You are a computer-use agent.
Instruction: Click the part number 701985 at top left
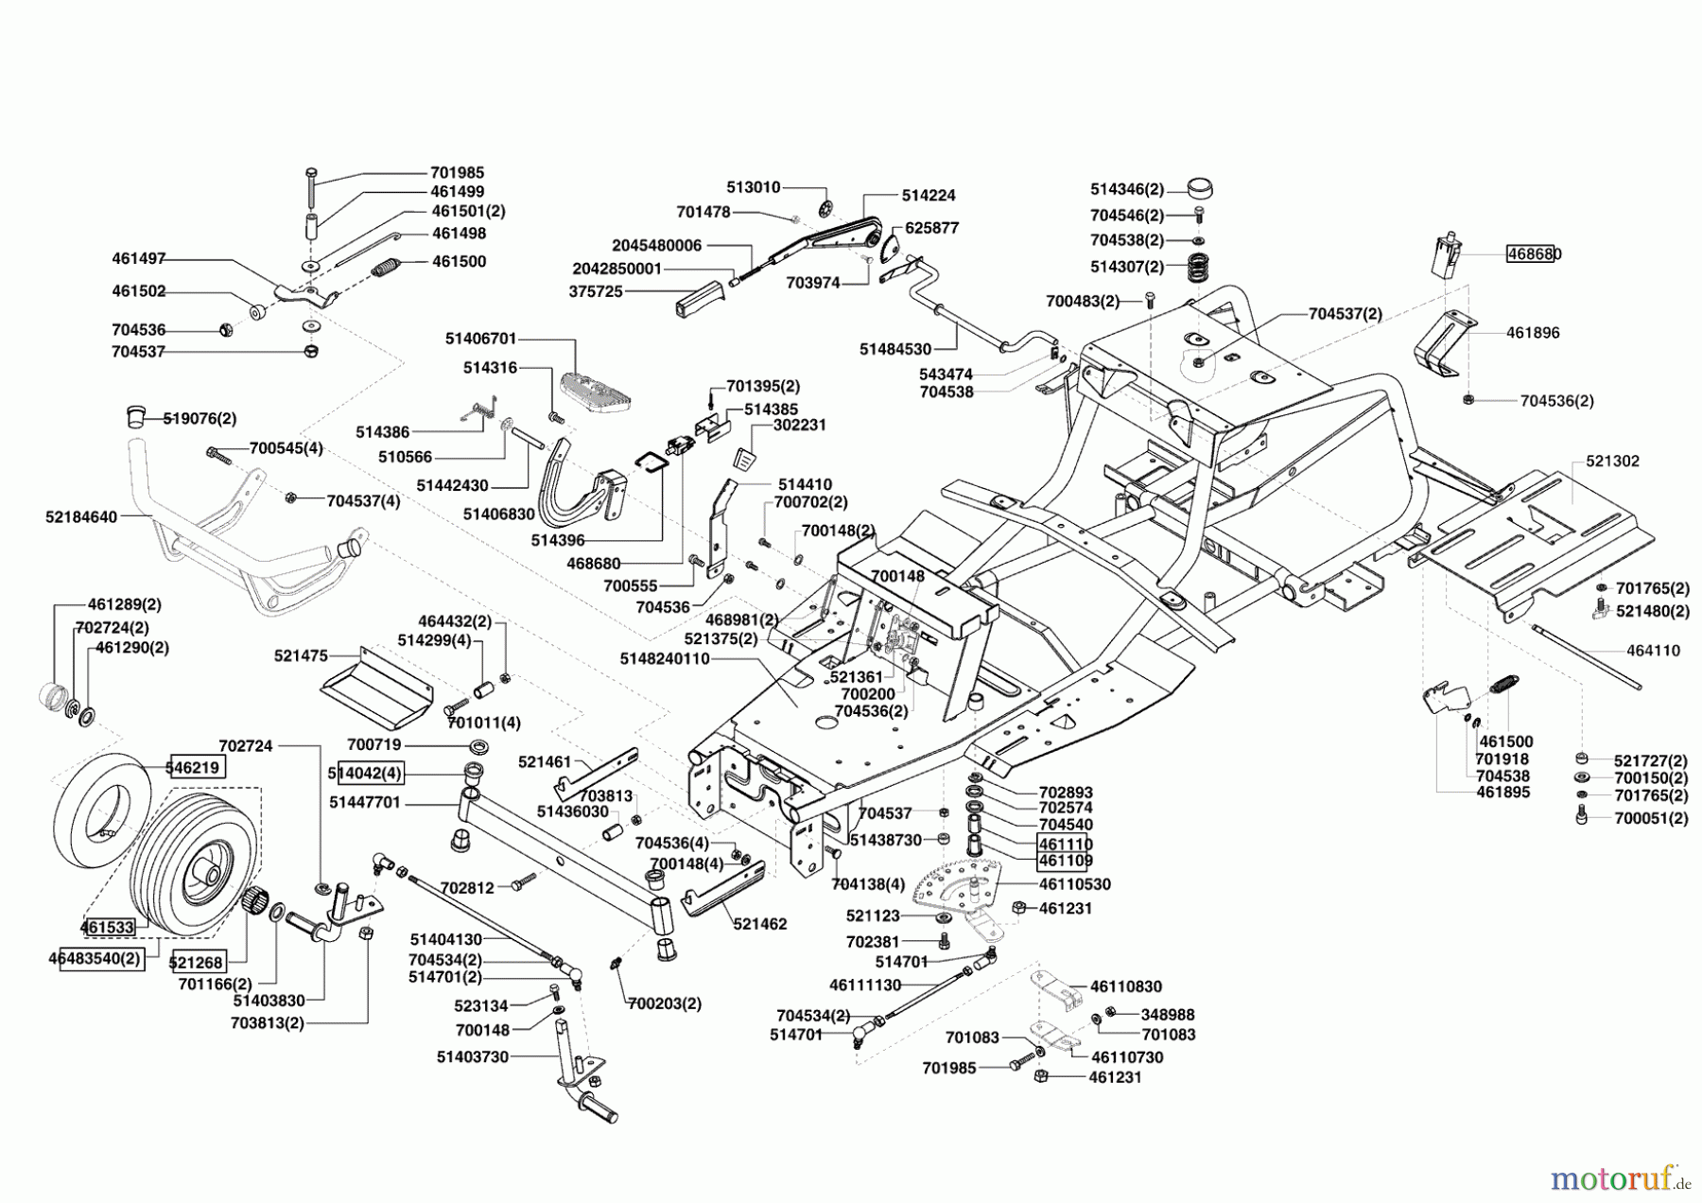click(x=457, y=173)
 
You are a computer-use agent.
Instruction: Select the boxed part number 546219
click(x=197, y=767)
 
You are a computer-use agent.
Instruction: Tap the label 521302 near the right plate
click(x=1612, y=462)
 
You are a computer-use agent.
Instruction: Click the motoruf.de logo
click(x=1620, y=1177)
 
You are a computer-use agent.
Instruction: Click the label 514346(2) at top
click(x=1126, y=189)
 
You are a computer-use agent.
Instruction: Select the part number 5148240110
click(x=665, y=658)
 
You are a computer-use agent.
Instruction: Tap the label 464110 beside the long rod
click(x=1653, y=651)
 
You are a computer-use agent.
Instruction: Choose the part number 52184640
click(x=81, y=517)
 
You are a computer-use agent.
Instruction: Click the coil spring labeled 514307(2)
click(x=1198, y=271)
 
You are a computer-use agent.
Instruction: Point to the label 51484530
click(x=894, y=349)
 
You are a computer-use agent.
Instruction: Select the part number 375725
click(x=596, y=292)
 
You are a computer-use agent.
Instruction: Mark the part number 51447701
click(x=365, y=802)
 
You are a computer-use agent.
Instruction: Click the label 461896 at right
click(x=1533, y=333)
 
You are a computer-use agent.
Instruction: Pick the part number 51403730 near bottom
click(x=472, y=1056)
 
